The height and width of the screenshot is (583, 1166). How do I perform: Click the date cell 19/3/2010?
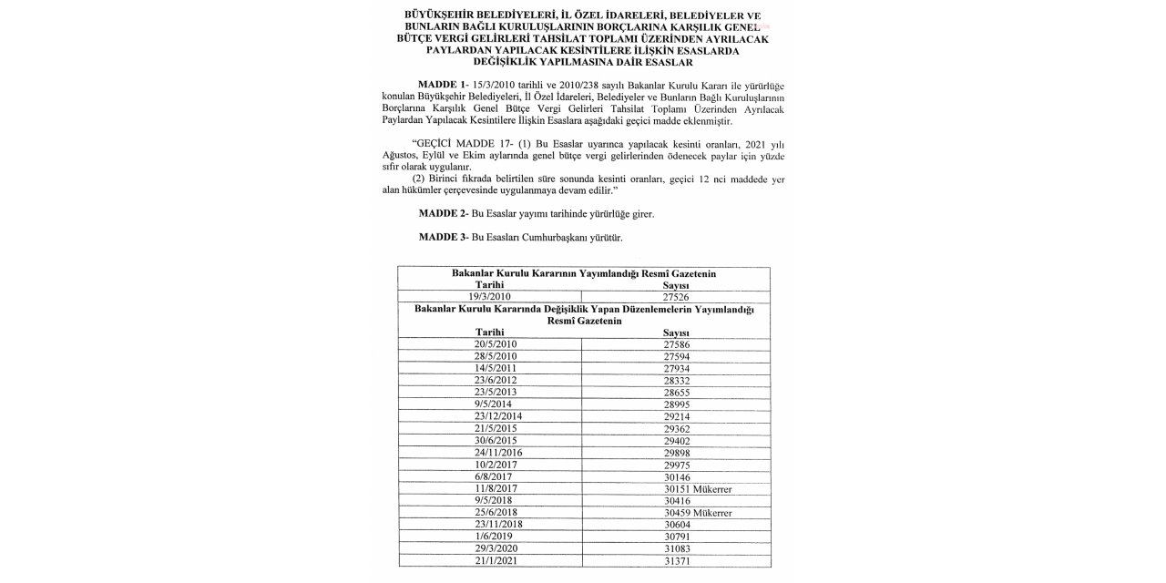point(488,297)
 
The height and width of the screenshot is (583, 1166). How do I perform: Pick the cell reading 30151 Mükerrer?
point(700,488)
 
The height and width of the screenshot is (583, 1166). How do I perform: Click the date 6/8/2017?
point(488,476)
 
